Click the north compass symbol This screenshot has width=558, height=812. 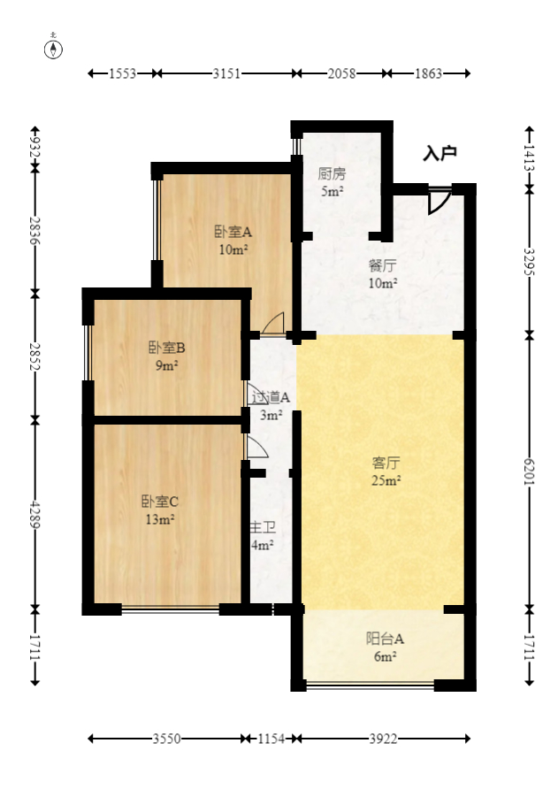pyautogui.click(x=54, y=48)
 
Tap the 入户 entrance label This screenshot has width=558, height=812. pyautogui.click(x=439, y=154)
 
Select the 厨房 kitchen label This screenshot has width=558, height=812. pyautogui.click(x=332, y=173)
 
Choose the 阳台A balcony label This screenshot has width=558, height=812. pyautogui.click(x=386, y=638)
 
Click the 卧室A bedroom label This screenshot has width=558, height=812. pyautogui.click(x=233, y=232)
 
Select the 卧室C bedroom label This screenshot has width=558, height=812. pyautogui.click(x=160, y=501)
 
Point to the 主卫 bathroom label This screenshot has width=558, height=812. pyautogui.click(x=264, y=528)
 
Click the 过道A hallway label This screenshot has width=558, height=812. pyautogui.click(x=270, y=397)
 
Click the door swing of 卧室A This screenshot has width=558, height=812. pyautogui.click(x=274, y=324)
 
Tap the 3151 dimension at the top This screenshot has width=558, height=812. pyautogui.click(x=226, y=74)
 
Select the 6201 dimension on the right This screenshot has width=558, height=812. pyautogui.click(x=530, y=471)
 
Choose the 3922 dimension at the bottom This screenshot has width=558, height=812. pyautogui.click(x=382, y=739)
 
